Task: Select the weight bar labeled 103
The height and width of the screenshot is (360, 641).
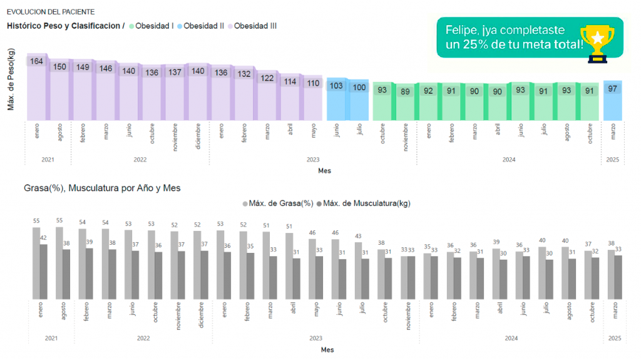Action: coord(337,100)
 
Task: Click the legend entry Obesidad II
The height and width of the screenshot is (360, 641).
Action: coord(200,26)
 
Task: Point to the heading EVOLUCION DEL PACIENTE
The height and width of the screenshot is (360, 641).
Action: coord(51,11)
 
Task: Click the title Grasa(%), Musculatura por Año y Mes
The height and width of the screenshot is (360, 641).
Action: coord(102,188)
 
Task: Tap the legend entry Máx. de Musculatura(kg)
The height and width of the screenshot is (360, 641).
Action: coord(363,203)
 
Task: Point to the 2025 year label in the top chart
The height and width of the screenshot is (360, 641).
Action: coord(612,160)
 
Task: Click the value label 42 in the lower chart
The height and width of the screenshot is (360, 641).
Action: coord(43,238)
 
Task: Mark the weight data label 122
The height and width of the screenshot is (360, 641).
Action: coord(267,78)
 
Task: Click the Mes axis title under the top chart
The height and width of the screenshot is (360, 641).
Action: coord(324,170)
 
